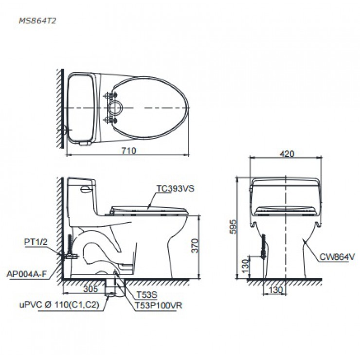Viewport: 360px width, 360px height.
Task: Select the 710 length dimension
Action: tap(128, 150)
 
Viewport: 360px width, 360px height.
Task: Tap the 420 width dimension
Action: tap(287, 154)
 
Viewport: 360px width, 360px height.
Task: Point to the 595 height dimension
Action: tap(233, 227)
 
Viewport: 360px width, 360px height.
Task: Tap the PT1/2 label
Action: tap(34, 241)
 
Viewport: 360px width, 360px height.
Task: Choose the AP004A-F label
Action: tap(27, 273)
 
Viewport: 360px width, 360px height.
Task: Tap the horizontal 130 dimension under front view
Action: tap(274, 290)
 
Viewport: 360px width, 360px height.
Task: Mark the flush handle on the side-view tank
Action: tap(86, 188)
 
